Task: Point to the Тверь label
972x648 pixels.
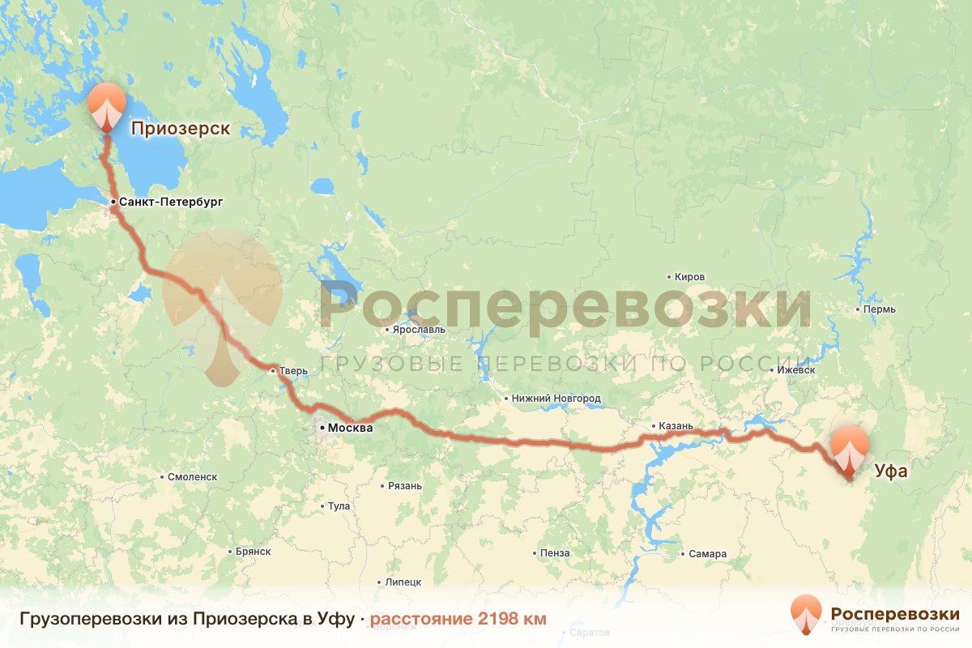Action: pyautogui.click(x=294, y=371)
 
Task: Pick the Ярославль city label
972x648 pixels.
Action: pyautogui.click(x=419, y=330)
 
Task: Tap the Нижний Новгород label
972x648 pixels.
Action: pyautogui.click(x=556, y=399)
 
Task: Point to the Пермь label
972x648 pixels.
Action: pyautogui.click(x=880, y=309)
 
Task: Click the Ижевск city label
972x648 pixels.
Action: pyautogui.click(x=795, y=369)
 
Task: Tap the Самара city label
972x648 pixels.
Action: pyautogui.click(x=707, y=554)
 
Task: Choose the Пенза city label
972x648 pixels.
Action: pyautogui.click(x=556, y=553)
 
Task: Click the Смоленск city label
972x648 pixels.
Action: pyautogui.click(x=192, y=477)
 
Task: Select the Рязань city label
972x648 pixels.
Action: pyautogui.click(x=405, y=486)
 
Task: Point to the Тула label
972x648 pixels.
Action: pyautogui.click(x=339, y=506)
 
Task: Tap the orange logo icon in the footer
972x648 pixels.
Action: pyautogui.click(x=807, y=613)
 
